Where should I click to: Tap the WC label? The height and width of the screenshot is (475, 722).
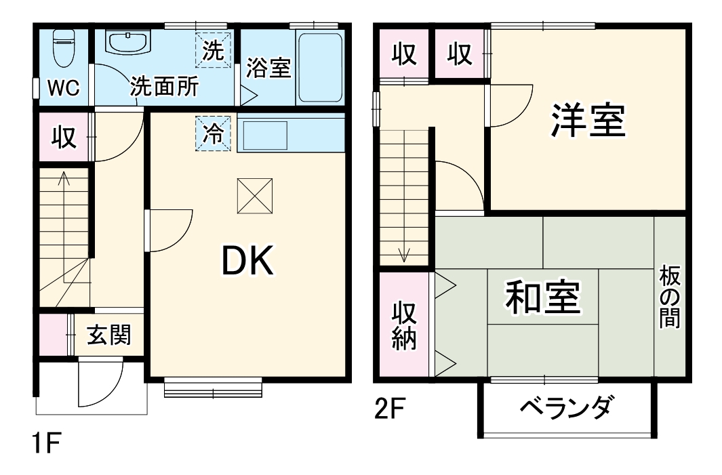[x=63, y=87]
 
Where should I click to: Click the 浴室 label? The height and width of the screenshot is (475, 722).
[x=268, y=68]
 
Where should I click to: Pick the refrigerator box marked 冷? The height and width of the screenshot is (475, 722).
[x=214, y=133]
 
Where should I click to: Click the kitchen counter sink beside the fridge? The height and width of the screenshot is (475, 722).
[x=264, y=135]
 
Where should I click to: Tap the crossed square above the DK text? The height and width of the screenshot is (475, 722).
[x=254, y=196]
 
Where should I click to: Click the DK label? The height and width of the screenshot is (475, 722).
[x=249, y=261]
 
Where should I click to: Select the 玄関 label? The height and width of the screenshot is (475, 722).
[x=108, y=334]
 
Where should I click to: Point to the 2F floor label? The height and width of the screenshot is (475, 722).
[x=390, y=409]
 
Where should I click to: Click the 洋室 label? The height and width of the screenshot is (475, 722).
[x=587, y=121]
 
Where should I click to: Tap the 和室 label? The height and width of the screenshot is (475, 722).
[x=542, y=297]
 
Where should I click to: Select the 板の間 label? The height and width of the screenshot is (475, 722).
[x=670, y=298]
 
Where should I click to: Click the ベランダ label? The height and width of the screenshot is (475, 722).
[x=566, y=408]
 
